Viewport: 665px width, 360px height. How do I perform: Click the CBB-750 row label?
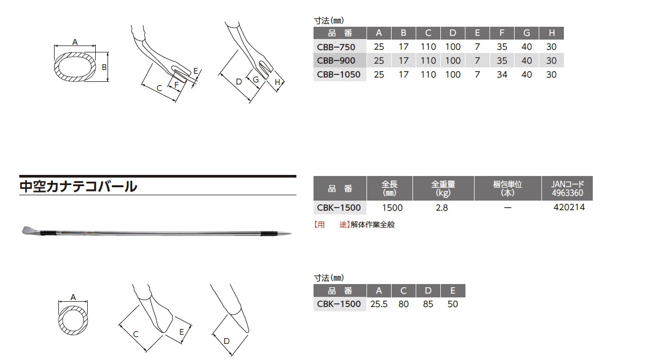pyautogui.click(x=336, y=47)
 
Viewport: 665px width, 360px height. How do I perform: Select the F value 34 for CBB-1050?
pyautogui.click(x=502, y=74)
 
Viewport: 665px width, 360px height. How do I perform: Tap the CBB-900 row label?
pyautogui.click(x=336, y=60)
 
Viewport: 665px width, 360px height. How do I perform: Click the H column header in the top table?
pyautogui.click(x=552, y=33)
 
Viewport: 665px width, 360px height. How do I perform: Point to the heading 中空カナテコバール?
pyautogui.click(x=78, y=186)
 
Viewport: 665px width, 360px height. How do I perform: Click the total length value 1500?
pyautogui.click(x=392, y=208)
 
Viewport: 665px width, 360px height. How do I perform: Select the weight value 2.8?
pyautogui.click(x=442, y=208)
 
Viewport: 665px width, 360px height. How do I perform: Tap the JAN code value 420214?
pyautogui.click(x=569, y=207)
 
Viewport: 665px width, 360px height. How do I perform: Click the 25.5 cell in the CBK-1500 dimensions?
pyautogui.click(x=379, y=304)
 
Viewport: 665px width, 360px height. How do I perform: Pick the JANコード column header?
pyautogui.click(x=567, y=188)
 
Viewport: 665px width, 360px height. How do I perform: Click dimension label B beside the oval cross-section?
pyautogui.click(x=104, y=67)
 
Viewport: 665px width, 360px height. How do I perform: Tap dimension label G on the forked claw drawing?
pyautogui.click(x=256, y=80)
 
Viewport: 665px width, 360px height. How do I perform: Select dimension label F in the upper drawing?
pyautogui.click(x=177, y=85)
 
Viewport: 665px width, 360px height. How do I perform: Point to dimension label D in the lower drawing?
pyautogui.click(x=226, y=341)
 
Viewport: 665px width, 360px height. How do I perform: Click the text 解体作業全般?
pyautogui.click(x=372, y=225)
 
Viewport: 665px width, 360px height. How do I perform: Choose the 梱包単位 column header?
pyautogui.click(x=508, y=188)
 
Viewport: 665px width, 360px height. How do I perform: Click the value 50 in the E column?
pyautogui.click(x=453, y=304)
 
